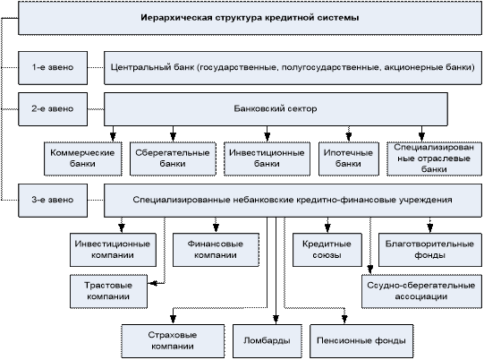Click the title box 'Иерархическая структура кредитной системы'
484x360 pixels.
(x=250, y=18)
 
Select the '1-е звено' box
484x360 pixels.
(x=53, y=68)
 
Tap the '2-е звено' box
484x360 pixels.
(x=53, y=109)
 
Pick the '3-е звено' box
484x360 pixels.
(x=53, y=201)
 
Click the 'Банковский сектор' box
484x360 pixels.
(x=276, y=109)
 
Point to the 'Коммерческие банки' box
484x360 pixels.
(x=82, y=159)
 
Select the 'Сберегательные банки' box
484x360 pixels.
(x=173, y=159)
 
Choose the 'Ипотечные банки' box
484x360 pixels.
(x=349, y=159)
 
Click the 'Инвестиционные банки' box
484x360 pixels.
(x=267, y=159)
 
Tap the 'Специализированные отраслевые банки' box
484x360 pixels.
(x=434, y=159)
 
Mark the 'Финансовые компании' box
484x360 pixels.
(x=216, y=250)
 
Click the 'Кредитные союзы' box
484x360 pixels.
(x=327, y=250)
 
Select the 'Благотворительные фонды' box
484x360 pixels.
(x=430, y=250)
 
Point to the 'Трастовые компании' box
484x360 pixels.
(x=108, y=291)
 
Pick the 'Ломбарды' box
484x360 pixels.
(x=267, y=341)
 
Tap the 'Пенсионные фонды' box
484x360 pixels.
(x=361, y=341)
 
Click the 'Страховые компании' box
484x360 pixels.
(x=173, y=341)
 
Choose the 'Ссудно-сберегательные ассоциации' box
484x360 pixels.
(x=421, y=291)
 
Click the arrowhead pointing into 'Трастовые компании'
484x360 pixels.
(x=152, y=283)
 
